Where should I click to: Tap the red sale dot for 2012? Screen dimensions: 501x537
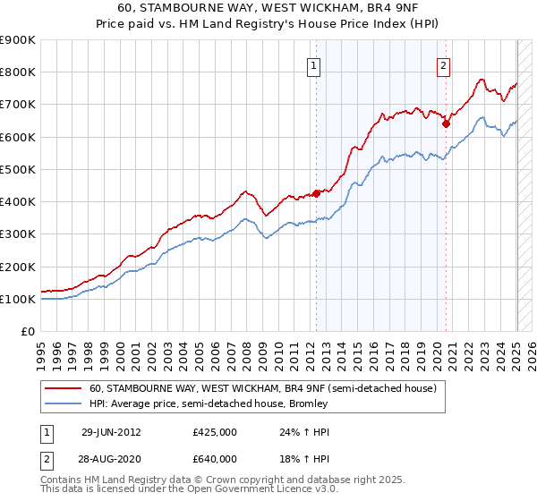[x=316, y=193]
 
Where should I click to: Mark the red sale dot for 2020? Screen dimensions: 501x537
[x=446, y=124]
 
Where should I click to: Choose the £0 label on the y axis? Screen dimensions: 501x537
[x=28, y=332]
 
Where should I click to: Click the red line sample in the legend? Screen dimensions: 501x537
[x=64, y=388]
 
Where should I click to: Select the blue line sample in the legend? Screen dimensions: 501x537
[x=64, y=403]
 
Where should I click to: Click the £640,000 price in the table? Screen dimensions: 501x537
[x=215, y=459]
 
